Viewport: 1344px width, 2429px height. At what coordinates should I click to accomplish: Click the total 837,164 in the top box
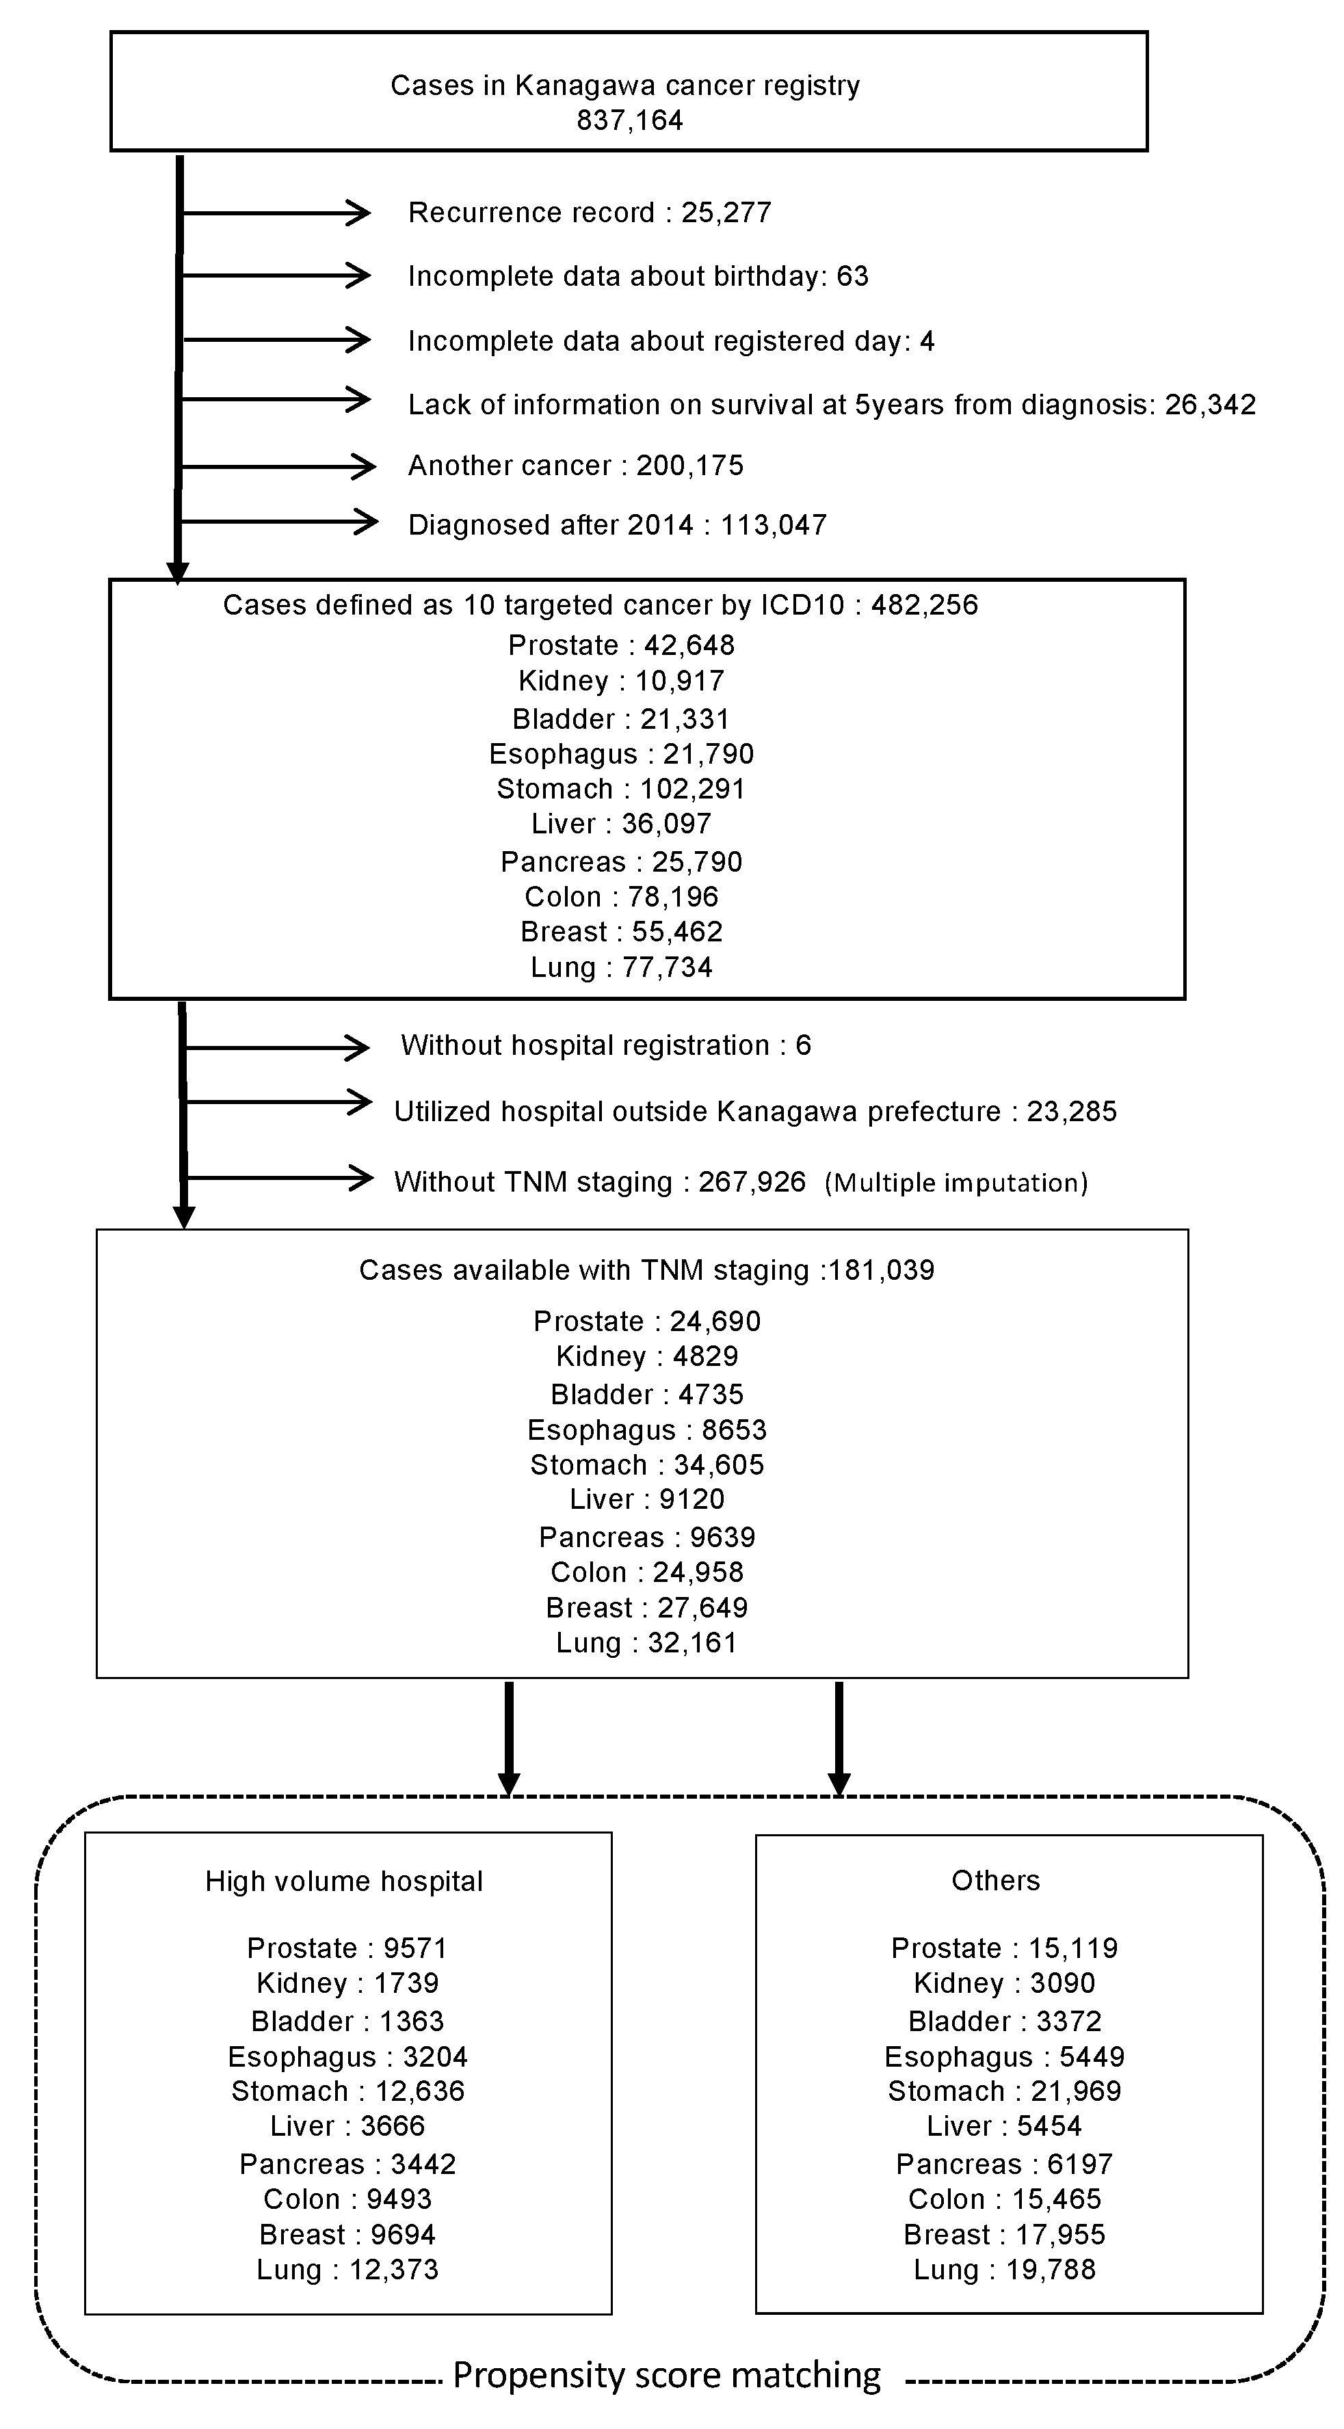629,121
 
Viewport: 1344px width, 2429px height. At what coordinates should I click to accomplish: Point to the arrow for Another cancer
278,466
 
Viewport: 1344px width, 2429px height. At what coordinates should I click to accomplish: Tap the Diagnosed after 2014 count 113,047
774,525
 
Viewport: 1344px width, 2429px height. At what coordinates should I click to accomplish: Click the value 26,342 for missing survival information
1210,405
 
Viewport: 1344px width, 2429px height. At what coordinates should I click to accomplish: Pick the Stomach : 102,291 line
620,789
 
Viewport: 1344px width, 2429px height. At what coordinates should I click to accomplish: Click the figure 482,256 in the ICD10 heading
924,605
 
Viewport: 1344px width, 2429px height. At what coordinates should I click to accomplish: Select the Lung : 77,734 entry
620,967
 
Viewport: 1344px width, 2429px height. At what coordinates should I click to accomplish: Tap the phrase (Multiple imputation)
956,1183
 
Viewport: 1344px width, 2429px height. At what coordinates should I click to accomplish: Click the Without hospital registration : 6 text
605,1046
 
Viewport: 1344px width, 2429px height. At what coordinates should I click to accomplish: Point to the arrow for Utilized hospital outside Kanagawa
278,1102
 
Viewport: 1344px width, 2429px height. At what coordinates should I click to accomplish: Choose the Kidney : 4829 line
647,1357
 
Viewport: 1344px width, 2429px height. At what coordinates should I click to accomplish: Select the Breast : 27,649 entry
647,1608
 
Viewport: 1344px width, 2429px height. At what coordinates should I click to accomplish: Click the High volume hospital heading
344,1882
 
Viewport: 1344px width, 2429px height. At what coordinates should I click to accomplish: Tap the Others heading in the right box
995,1881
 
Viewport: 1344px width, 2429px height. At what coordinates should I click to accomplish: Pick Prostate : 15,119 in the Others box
1005,1949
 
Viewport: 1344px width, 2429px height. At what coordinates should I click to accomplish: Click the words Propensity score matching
667,2375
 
